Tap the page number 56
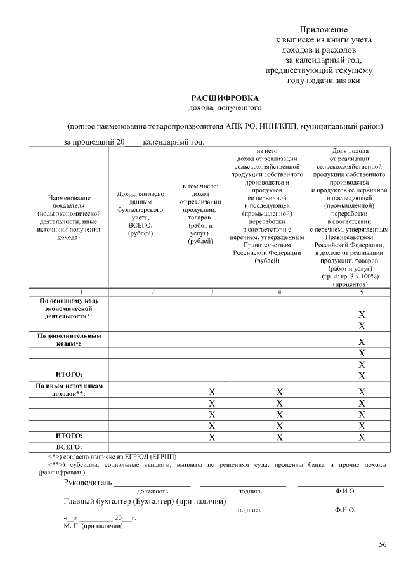[x=383, y=544]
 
